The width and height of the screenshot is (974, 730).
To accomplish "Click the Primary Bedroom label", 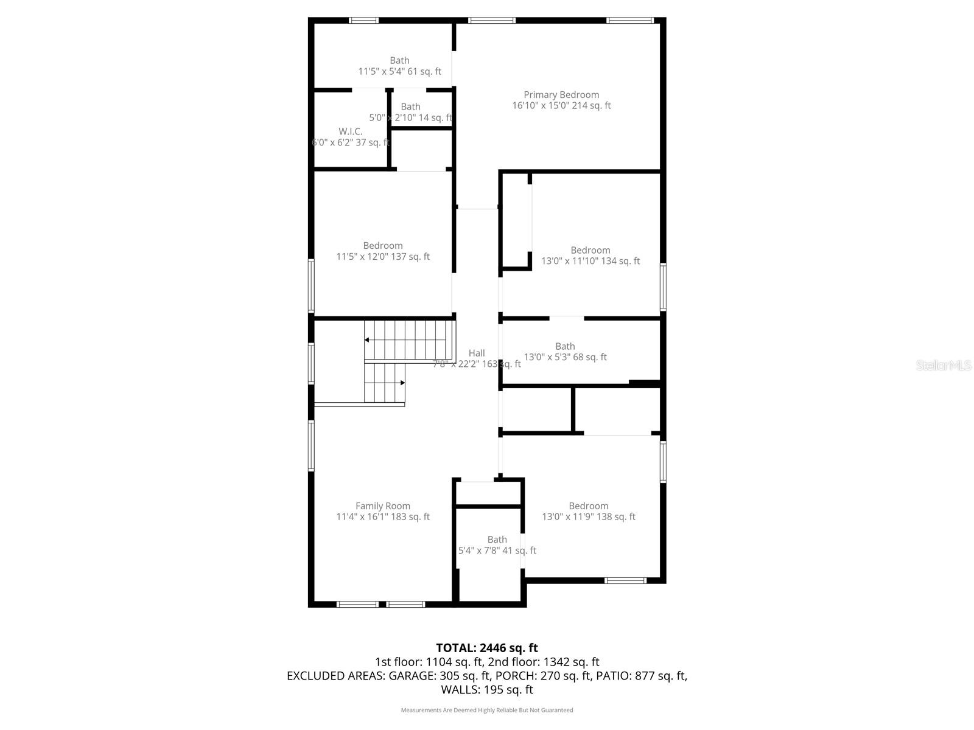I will pos(561,100).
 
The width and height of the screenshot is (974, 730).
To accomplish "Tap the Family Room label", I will pos(383,511).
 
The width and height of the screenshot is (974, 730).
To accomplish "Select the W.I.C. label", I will pos(351,137).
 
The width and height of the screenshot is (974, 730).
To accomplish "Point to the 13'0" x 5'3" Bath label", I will pos(565,352).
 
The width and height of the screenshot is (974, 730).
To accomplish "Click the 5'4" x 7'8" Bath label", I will pos(497,545).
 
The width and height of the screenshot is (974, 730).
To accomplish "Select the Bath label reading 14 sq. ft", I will pos(410,112).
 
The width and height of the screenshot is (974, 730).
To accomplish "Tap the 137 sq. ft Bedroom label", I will pos(383,251).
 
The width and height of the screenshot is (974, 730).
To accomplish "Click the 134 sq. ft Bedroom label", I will pos(590,255).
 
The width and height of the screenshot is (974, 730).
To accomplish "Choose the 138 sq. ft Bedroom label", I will pos(589,511).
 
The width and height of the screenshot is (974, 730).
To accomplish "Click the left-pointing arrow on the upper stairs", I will pos(368,340).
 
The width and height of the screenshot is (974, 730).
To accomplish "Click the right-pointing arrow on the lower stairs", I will pos(402,383).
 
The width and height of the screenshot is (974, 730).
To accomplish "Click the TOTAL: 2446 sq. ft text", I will pos(487,648).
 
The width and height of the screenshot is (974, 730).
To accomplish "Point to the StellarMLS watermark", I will pos(944,365).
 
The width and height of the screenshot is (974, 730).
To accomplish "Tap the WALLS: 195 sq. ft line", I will pos(487,690).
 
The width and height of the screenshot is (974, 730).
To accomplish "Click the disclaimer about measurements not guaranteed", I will pos(487,710).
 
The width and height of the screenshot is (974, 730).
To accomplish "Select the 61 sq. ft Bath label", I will pos(399,66).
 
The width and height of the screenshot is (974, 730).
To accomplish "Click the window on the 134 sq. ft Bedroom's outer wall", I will pos(663,287).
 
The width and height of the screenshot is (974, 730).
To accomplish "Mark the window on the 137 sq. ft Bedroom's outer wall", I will pos(311,286).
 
